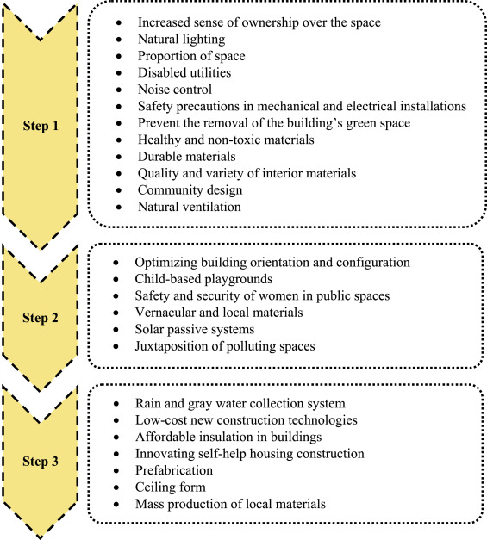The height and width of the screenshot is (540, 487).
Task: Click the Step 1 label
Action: pos(41,126)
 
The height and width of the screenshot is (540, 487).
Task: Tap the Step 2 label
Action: pos(41,318)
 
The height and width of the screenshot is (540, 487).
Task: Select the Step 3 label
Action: pos(41,461)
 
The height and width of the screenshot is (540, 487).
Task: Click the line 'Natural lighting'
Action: pos(181,40)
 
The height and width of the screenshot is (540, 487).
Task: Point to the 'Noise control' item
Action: pos(175,90)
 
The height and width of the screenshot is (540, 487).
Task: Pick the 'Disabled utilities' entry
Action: pos(184,72)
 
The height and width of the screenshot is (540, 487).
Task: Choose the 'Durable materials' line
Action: pos(187,157)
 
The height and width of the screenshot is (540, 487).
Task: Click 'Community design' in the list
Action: pos(190,190)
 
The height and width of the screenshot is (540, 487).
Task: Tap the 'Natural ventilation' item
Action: pos(190,207)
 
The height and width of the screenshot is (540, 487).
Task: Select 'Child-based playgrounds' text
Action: pos(203,279)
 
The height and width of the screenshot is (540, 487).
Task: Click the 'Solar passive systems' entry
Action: pos(195,330)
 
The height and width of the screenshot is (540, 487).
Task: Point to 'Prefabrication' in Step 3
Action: pos(174,470)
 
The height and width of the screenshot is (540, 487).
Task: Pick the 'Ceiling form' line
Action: pos(171,487)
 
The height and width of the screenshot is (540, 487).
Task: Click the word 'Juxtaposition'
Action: pos(172,346)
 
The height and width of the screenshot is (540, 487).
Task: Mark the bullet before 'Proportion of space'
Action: pos(119,56)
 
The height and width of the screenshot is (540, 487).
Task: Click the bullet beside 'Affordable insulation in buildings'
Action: pos(116,438)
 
